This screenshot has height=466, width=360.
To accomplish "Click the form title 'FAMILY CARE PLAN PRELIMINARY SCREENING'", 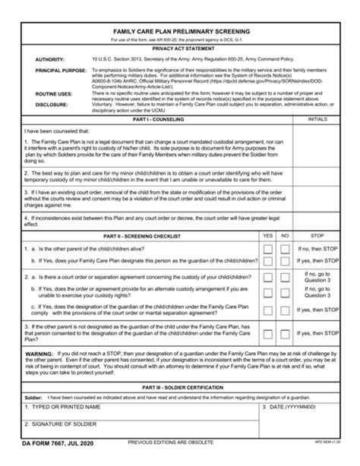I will tap(180, 32).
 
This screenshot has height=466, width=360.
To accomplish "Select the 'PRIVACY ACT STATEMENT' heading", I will tap(179, 47).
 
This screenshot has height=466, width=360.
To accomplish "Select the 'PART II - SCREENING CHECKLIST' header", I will tap(141, 236).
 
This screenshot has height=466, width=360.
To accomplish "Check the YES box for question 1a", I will tap(267, 248).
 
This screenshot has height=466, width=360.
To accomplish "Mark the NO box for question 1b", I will tap(284, 260).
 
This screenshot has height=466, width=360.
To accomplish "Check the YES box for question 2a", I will tap(267, 279).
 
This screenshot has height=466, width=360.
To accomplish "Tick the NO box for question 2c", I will tap(284, 311).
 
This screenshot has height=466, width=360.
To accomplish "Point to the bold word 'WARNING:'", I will tap(39, 354).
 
